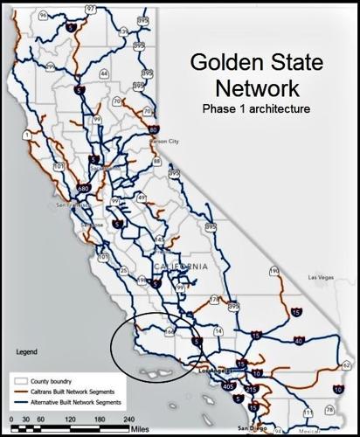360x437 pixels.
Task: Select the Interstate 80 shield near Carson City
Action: [154, 130]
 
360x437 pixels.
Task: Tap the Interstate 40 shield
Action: [298, 341]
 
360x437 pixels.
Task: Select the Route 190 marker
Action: [273, 272]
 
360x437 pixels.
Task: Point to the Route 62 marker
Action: [347, 364]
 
